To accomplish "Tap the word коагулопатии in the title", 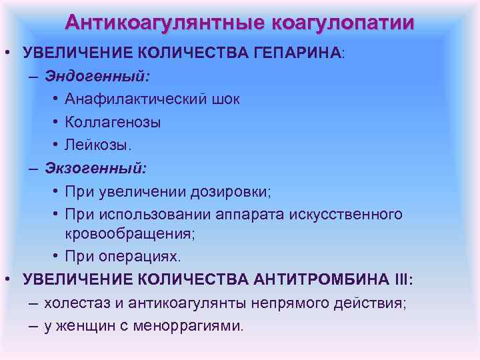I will [x=343, y=23].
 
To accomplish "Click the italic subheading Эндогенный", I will [x=97, y=76].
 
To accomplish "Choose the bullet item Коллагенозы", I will [x=113, y=123].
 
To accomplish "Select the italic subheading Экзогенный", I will [x=96, y=168].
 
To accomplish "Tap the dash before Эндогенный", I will [x=33, y=77].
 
